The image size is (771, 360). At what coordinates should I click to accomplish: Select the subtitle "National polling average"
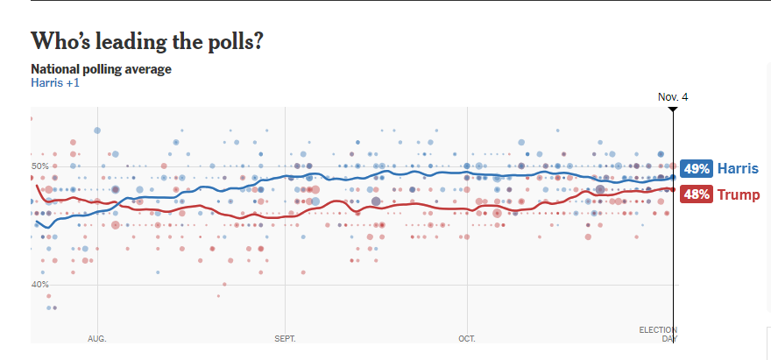[x=101, y=68]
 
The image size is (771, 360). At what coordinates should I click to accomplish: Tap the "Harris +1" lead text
[x=55, y=82]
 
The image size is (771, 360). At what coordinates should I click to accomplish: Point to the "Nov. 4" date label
[x=673, y=96]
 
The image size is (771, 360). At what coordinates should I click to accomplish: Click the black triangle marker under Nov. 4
[x=673, y=109]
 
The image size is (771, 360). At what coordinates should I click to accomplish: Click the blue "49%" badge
[x=697, y=169]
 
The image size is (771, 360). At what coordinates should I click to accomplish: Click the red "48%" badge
[x=697, y=194]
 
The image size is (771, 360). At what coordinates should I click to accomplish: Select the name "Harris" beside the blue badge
[x=738, y=169]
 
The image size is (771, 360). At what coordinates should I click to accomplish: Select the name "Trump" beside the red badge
[x=739, y=194]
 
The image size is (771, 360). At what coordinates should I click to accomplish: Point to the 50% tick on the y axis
[x=40, y=166]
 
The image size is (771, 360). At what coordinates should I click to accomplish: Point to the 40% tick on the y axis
[x=40, y=285]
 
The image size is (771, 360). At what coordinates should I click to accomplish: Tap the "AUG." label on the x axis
[x=97, y=338]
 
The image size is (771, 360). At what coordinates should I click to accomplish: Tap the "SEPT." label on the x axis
[x=286, y=338]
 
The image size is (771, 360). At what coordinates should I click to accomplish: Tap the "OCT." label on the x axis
[x=467, y=338]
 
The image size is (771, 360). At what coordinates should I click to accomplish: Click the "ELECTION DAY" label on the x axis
[x=658, y=334]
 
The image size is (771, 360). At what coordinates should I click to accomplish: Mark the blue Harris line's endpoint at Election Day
[x=673, y=177]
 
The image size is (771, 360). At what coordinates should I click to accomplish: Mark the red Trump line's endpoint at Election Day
[x=673, y=187]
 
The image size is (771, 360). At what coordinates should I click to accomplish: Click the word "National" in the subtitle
[x=55, y=68]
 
